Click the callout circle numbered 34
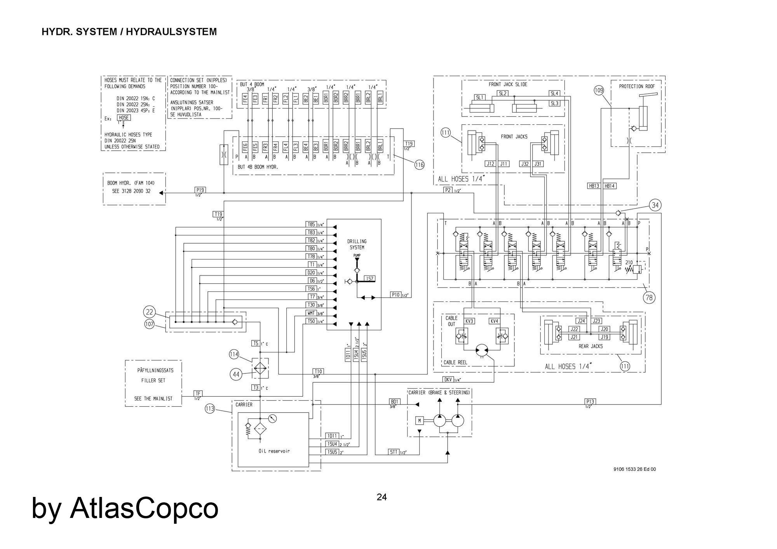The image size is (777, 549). (655, 205)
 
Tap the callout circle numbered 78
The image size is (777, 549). (649, 298)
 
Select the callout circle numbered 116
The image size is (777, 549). (419, 165)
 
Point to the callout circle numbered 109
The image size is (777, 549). (599, 91)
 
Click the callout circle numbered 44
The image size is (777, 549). (236, 375)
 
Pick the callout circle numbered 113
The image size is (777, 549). (210, 409)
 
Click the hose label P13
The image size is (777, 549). (590, 401)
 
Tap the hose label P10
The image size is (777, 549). (395, 295)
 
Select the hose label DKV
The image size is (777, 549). (448, 379)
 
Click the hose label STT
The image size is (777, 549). (394, 452)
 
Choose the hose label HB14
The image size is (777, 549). (610, 186)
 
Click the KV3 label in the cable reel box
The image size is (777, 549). (469, 321)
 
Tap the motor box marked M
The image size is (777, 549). (419, 420)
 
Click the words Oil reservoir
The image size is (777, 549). (274, 451)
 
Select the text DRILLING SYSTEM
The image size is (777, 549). (357, 244)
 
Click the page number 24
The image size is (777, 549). (382, 497)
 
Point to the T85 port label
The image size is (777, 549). (311, 224)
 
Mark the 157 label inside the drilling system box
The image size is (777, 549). (369, 279)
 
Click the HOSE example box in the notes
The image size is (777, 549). (124, 118)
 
